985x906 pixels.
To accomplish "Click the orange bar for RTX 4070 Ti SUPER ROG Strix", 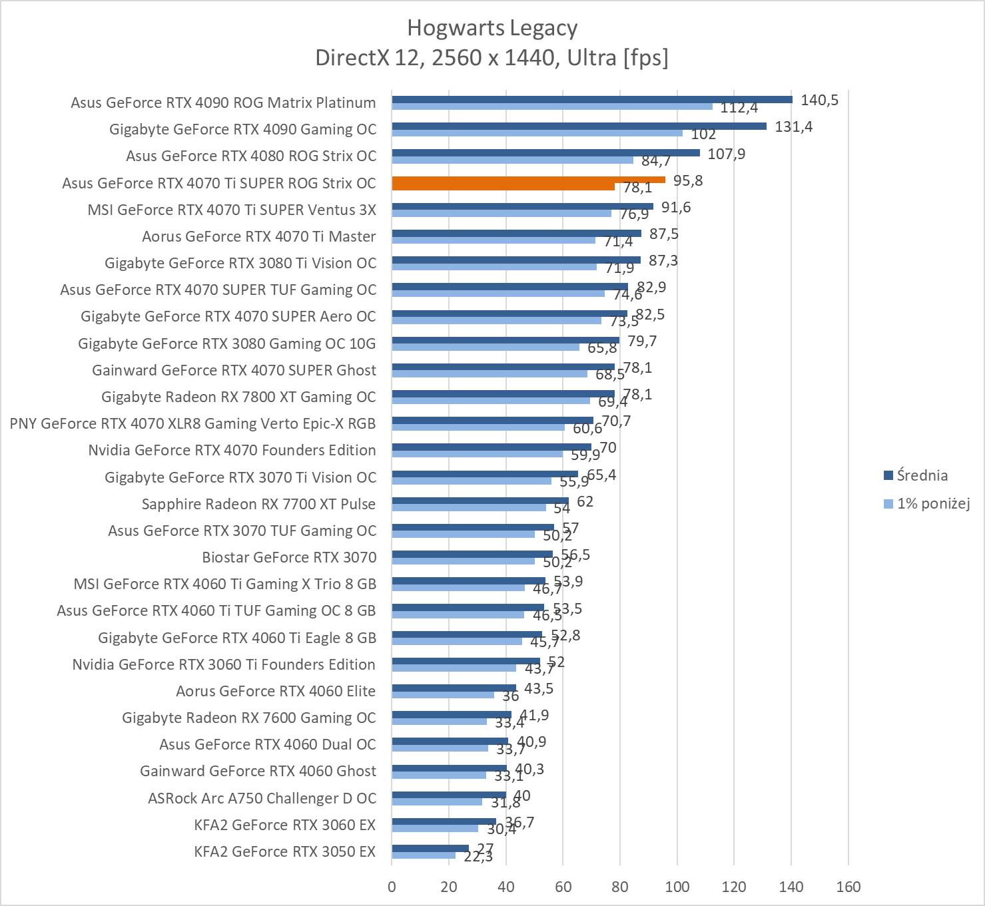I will coord(528,180).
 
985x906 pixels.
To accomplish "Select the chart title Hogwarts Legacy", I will coord(492,28).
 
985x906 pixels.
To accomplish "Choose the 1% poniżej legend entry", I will coord(933,503).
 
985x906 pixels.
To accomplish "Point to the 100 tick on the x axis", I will coord(677,887).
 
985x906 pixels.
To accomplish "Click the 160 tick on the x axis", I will coord(848,887).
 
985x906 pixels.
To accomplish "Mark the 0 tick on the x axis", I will coord(392,887).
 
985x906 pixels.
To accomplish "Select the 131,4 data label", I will coord(793,127).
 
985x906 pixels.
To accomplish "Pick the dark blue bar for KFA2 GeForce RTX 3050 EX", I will coord(430,848).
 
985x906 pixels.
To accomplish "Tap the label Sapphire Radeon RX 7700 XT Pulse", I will coord(258,505).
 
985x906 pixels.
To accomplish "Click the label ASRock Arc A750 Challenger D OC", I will coord(262,798).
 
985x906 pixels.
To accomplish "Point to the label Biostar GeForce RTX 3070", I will coord(289,558).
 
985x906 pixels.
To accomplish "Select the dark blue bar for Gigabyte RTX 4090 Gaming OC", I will coord(579,126).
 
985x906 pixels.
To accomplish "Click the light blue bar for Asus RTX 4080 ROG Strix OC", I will coord(512,160).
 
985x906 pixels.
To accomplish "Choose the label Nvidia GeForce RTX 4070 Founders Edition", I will coord(232,451).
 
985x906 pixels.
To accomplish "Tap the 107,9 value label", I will coord(726,154).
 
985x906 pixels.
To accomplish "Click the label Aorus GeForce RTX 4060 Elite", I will coord(276,692).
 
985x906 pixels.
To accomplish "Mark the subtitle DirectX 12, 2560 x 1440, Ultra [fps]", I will coord(492,58).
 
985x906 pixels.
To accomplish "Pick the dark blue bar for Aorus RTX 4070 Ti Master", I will coord(516,233).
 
